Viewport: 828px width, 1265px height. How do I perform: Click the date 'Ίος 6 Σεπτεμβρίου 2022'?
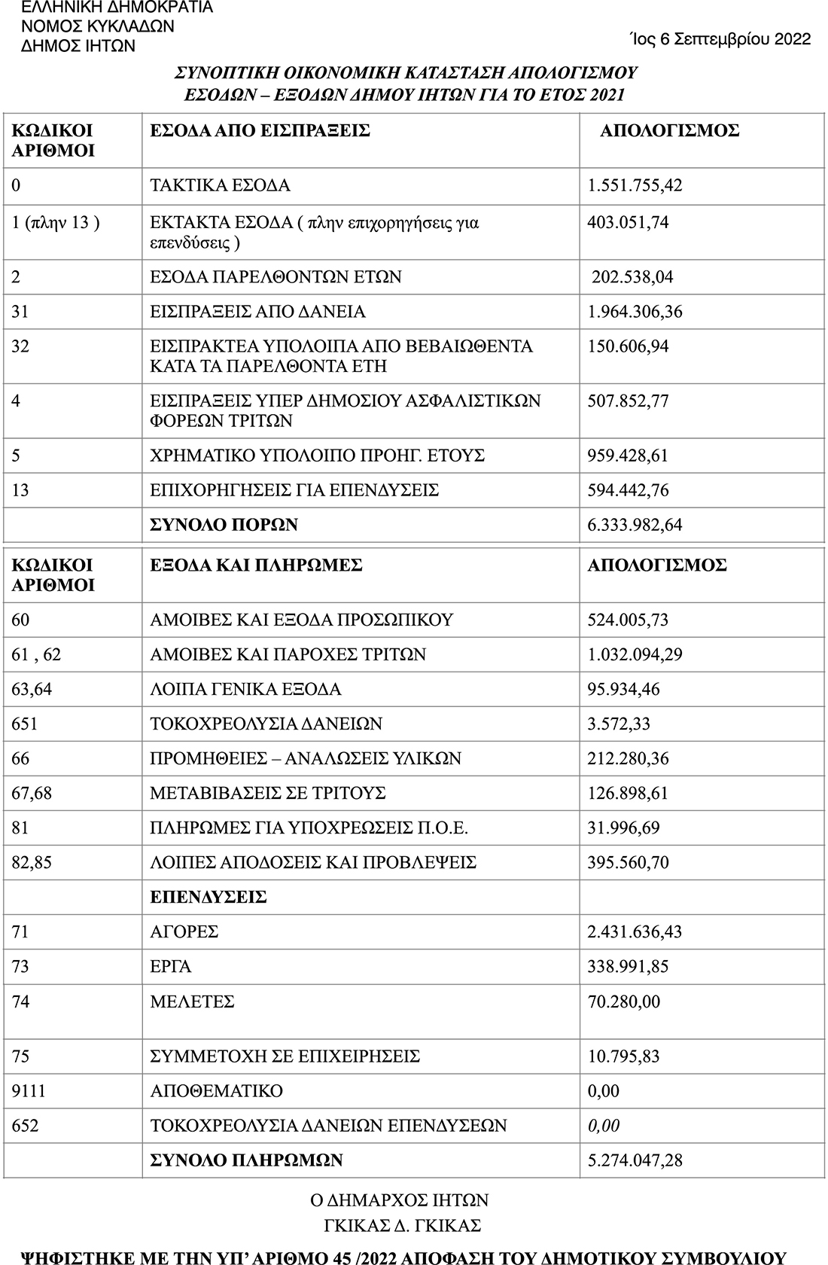tap(720, 39)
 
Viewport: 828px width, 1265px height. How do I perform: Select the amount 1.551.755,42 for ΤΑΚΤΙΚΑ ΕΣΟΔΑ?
tap(635, 185)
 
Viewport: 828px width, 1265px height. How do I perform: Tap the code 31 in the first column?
tap(21, 312)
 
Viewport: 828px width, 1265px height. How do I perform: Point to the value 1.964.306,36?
tap(635, 312)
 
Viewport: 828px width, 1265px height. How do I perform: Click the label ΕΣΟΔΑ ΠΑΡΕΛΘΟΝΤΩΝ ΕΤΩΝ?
tap(275, 277)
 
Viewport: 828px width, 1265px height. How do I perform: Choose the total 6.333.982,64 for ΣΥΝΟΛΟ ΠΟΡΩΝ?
tap(635, 525)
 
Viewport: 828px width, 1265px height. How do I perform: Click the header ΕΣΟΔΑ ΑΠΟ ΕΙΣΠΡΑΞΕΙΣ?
tap(260, 131)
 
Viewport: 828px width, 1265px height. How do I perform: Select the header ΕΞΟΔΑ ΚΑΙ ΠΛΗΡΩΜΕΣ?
tap(257, 565)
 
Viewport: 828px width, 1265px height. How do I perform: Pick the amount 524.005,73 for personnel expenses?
tap(628, 620)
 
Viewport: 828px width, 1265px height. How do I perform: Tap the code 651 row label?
tap(25, 724)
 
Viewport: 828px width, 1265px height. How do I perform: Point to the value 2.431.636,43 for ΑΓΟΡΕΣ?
tap(635, 931)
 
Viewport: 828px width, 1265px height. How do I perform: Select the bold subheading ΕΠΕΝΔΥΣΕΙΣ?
tap(209, 897)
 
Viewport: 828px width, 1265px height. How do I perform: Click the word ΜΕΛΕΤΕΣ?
tap(193, 1001)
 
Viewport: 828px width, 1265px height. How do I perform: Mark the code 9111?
tap(29, 1090)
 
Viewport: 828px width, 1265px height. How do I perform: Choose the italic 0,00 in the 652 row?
tap(604, 1126)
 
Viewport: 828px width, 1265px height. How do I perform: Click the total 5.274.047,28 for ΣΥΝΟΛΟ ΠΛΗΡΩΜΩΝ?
tap(635, 1160)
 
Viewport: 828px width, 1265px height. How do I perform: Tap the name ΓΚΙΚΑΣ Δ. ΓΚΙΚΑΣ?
tap(402, 1225)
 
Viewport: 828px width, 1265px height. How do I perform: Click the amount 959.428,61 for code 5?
tap(628, 456)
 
